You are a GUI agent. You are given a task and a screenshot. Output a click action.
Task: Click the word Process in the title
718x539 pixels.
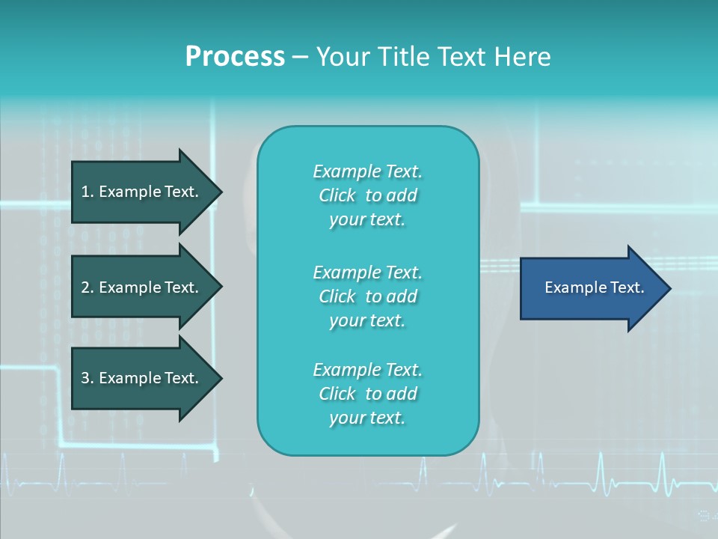click(x=235, y=56)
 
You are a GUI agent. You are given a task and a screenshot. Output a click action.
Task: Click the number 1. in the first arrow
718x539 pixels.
click(x=88, y=192)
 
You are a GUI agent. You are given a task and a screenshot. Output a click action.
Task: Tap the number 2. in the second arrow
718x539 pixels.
click(x=88, y=287)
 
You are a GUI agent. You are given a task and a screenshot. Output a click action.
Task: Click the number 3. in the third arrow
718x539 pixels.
click(x=88, y=378)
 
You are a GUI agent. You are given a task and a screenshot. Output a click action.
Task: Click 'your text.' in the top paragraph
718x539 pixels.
click(x=367, y=220)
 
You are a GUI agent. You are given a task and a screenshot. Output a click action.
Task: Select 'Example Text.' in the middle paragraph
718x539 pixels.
click(x=367, y=272)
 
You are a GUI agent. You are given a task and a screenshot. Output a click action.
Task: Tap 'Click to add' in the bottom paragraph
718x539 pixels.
click(x=367, y=394)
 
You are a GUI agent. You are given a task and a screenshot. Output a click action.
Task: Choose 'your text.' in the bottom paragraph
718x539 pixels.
click(x=367, y=418)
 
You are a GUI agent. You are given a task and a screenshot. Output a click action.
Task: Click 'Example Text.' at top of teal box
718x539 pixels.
click(x=367, y=171)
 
